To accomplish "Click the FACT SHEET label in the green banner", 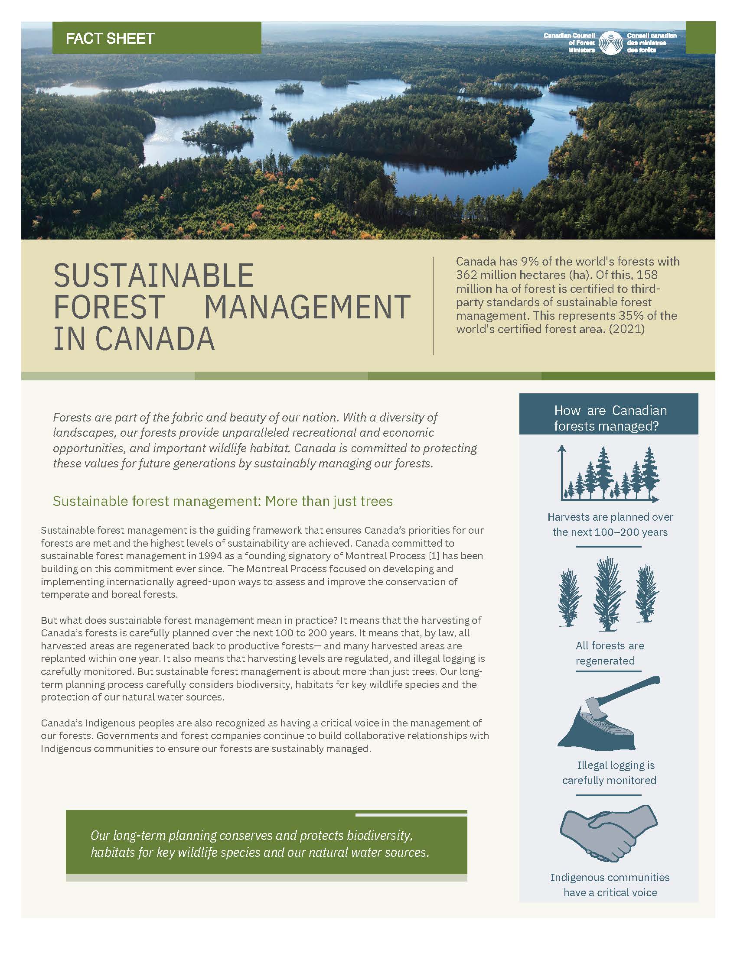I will coord(110,39).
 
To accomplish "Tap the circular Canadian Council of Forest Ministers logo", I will coord(611,43).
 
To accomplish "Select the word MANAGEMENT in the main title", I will coord(307,307).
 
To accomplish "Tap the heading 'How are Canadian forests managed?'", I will coord(610,418).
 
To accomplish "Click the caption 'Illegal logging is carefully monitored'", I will coord(610,772).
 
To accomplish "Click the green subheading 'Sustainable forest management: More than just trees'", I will coord(223,501).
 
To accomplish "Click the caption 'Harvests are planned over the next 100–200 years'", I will coord(610,525).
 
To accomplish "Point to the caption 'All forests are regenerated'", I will coord(610,653).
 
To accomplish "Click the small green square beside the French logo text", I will coord(700,38).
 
